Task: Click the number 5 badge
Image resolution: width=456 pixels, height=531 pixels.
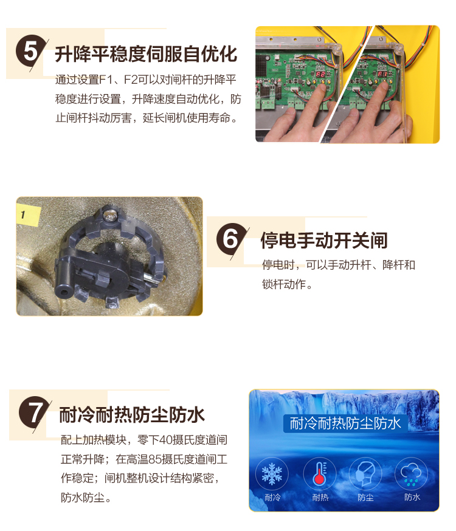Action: click(30, 52)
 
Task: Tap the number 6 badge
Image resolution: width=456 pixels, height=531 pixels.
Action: click(232, 239)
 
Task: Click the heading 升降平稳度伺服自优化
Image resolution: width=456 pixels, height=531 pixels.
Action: click(146, 54)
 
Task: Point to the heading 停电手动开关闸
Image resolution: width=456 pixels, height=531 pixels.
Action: click(324, 241)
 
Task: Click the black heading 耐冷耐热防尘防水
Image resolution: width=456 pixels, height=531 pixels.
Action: click(132, 415)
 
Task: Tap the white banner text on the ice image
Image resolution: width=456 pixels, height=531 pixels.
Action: click(345, 423)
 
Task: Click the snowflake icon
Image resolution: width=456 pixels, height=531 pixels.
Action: click(272, 474)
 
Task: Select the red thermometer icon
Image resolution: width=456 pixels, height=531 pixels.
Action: click(319, 474)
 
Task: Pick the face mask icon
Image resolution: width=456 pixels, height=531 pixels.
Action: click(365, 473)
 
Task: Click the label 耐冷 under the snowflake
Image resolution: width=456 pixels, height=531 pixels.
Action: click(272, 498)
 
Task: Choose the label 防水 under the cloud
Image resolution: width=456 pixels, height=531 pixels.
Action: click(412, 497)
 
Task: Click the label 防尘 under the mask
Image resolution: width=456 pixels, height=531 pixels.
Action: click(365, 498)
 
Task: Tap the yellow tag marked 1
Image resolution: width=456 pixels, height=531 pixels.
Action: click(28, 215)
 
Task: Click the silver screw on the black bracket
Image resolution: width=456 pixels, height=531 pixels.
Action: click(110, 215)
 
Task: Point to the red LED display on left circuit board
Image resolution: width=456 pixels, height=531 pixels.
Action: click(320, 74)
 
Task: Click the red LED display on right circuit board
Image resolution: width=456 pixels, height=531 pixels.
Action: click(382, 74)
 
